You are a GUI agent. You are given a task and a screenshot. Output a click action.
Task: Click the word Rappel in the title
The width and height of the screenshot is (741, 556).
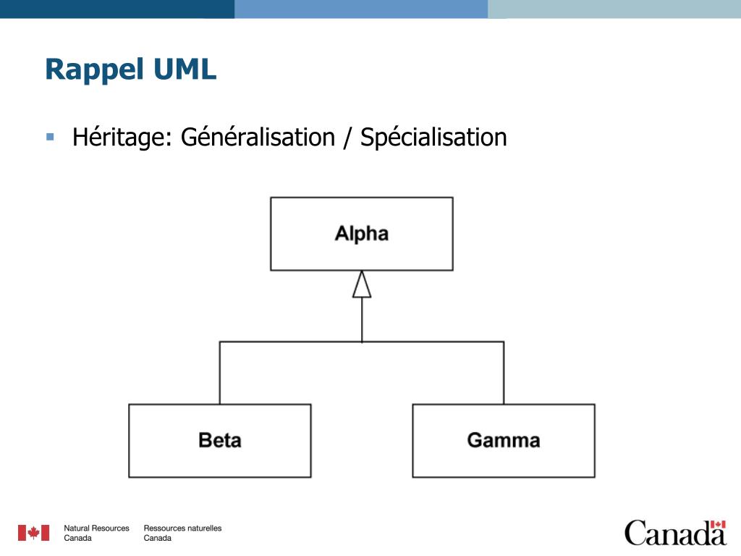coord(94,70)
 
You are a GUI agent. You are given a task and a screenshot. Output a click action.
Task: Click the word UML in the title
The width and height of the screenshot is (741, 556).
coord(185,69)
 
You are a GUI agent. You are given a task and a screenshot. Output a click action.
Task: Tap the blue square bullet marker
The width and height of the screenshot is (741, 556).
coord(50,137)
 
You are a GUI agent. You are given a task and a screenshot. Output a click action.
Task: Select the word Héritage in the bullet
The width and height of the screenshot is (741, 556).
coord(122,138)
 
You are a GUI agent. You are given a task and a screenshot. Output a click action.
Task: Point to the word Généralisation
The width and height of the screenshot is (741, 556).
coord(258,137)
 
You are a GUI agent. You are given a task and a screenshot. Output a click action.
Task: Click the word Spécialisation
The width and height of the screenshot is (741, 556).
coord(433,138)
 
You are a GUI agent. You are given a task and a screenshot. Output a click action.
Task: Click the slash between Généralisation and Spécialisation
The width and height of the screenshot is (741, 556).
coord(348,138)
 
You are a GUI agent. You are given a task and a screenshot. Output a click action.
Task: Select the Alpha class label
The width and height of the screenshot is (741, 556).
coord(362,234)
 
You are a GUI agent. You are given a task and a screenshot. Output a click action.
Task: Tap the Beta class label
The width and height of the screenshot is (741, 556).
coord(220,440)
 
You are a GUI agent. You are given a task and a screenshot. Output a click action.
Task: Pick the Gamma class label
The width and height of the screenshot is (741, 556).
coord(504,440)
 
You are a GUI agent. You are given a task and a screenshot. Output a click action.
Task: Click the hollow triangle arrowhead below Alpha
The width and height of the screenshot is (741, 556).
coord(362,284)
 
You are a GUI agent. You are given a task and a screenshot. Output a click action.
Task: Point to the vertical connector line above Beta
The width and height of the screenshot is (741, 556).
coord(220,373)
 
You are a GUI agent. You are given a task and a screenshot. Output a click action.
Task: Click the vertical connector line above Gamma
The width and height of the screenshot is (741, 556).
coord(504,373)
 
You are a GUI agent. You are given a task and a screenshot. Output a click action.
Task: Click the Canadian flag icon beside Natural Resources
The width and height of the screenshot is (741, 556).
coord(33,533)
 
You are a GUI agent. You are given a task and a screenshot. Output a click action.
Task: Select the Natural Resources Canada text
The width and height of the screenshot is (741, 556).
coord(96,533)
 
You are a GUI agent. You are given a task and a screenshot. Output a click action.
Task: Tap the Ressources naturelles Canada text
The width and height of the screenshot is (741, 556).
coord(182,533)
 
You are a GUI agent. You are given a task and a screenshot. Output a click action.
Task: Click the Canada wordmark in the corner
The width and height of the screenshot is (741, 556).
coord(675,533)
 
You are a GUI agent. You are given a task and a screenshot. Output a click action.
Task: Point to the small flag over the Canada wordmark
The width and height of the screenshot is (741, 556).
coord(718,524)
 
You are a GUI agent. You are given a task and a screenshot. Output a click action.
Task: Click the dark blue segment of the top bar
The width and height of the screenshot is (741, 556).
coord(117,9)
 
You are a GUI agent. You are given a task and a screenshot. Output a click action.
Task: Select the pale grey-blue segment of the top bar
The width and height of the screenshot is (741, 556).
coord(614,9)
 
